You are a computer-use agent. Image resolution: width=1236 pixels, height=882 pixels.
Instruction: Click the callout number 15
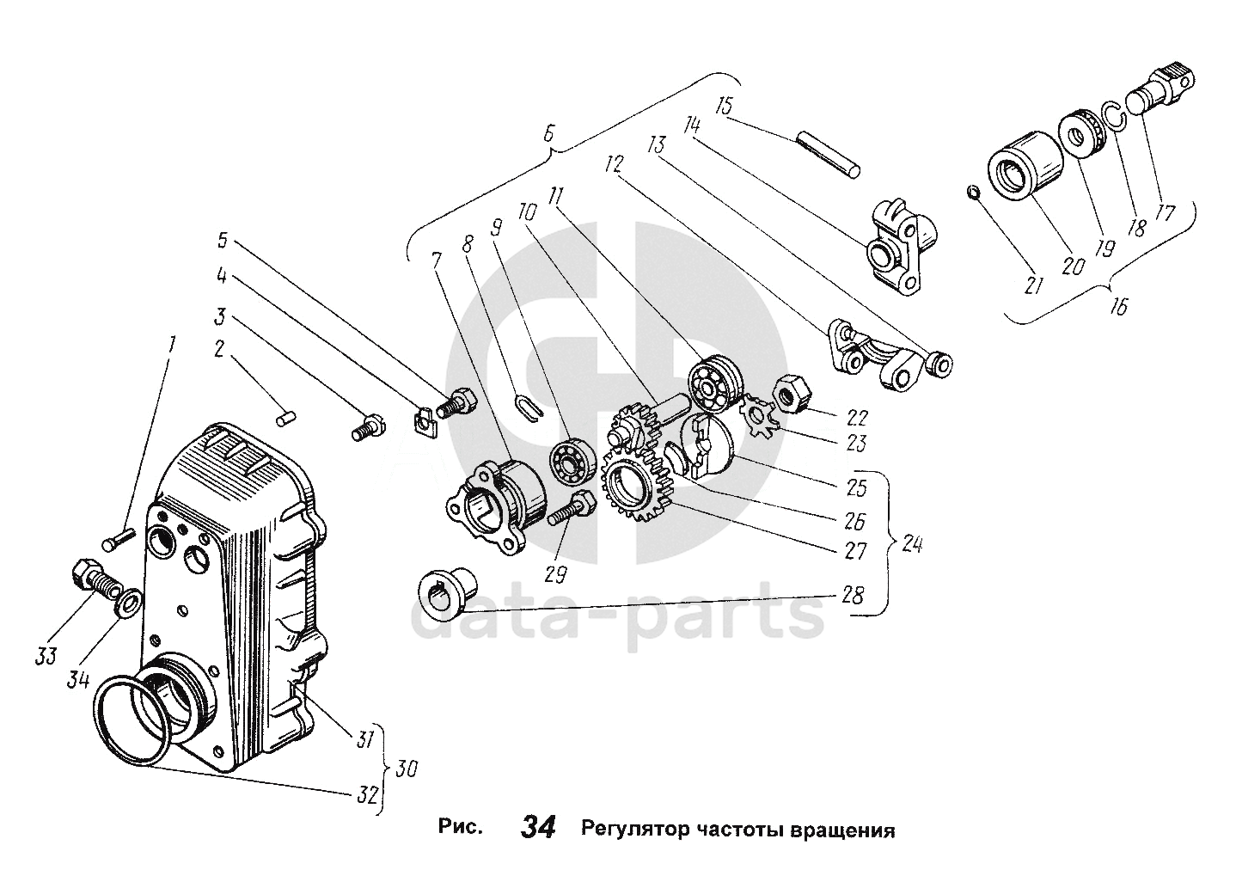(x=723, y=107)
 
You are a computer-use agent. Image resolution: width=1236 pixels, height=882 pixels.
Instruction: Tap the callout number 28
(x=854, y=595)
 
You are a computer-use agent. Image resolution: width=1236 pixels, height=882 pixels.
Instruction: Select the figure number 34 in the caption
(x=538, y=828)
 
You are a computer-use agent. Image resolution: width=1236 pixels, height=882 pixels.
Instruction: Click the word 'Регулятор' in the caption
(x=633, y=830)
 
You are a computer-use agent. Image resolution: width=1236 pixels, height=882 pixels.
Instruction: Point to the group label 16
(x=1117, y=305)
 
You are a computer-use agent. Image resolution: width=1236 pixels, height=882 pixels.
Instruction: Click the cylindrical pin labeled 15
(x=828, y=154)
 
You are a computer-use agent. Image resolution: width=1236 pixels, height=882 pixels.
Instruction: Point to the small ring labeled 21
(x=972, y=191)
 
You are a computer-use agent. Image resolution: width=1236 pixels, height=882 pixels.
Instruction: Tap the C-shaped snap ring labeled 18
(x=1113, y=116)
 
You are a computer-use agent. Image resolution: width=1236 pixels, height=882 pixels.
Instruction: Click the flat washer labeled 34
(x=129, y=603)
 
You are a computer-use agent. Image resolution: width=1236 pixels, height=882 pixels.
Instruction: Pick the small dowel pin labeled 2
(x=287, y=416)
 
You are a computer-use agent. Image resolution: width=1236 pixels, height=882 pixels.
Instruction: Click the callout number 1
(x=171, y=346)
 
